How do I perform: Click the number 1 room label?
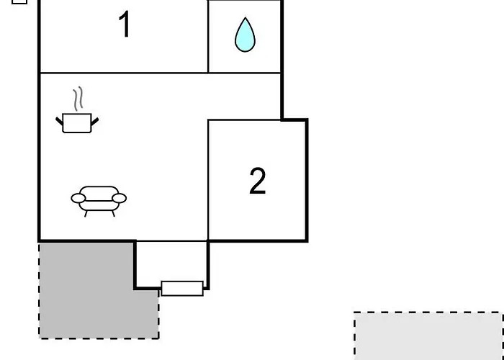[x=125, y=24]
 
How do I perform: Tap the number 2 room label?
[x=258, y=181]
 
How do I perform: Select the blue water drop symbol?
[x=245, y=35]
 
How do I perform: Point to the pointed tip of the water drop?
[x=246, y=18]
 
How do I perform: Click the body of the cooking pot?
[x=77, y=123]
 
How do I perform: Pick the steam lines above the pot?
[x=78, y=99]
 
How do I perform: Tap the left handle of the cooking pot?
[x=60, y=121]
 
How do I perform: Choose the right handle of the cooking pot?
[x=95, y=122]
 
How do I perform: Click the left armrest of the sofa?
[x=78, y=198]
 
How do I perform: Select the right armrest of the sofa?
[x=119, y=198]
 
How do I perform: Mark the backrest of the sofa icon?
[x=99, y=192]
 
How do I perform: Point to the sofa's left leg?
[x=86, y=214]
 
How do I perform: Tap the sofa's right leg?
[x=114, y=213]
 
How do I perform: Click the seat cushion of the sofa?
[x=99, y=205]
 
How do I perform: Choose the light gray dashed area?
[x=429, y=336]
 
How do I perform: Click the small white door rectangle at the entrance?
[x=182, y=288]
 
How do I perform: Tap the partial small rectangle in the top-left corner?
[x=19, y=2]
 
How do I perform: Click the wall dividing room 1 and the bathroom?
[x=208, y=36]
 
